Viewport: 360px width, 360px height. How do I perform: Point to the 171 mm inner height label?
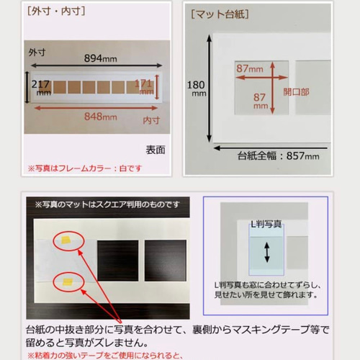pyautogui.click(x=145, y=88)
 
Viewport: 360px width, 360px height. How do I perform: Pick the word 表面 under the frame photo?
pyautogui.click(x=156, y=150)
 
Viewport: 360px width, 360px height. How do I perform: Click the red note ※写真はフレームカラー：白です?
pyautogui.click(x=86, y=168)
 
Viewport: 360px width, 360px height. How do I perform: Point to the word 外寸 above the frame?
pyautogui.click(x=37, y=53)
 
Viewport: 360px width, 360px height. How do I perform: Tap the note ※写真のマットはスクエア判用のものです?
pyautogui.click(x=108, y=205)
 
